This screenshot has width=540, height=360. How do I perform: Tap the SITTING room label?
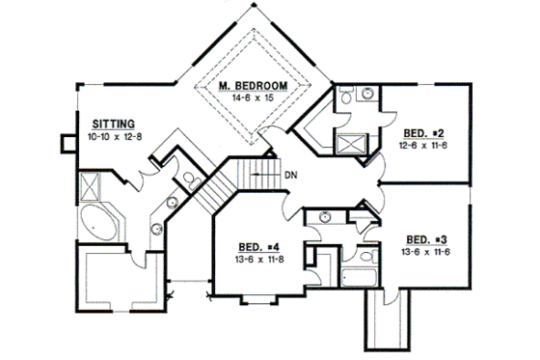113,124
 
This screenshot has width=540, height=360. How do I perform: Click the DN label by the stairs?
290,175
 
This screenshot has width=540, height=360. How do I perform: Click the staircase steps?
225,181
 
